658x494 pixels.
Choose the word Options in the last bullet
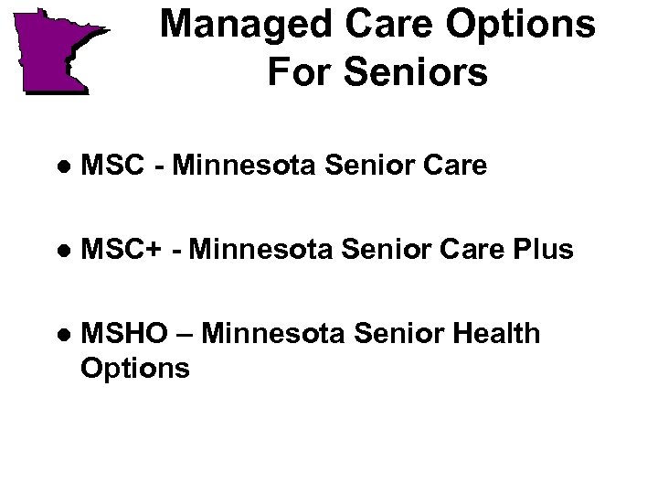tap(135, 368)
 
